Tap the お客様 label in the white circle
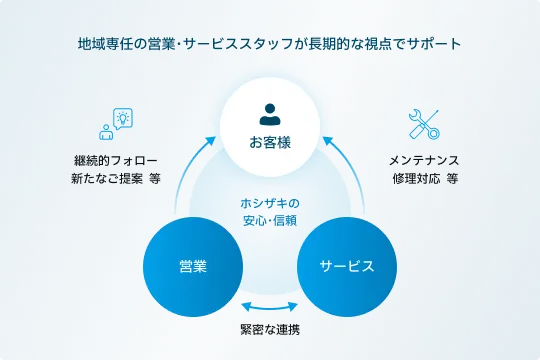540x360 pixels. pos(270,140)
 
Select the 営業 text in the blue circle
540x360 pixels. pos(193,266)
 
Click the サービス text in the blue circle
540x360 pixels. pos(346,266)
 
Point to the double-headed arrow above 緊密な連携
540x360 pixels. pos(270,309)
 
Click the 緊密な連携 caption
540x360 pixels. pos(270,330)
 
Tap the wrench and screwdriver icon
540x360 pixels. pos(423,124)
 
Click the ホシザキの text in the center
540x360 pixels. pos(270,201)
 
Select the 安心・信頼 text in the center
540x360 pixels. pos(270,219)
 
